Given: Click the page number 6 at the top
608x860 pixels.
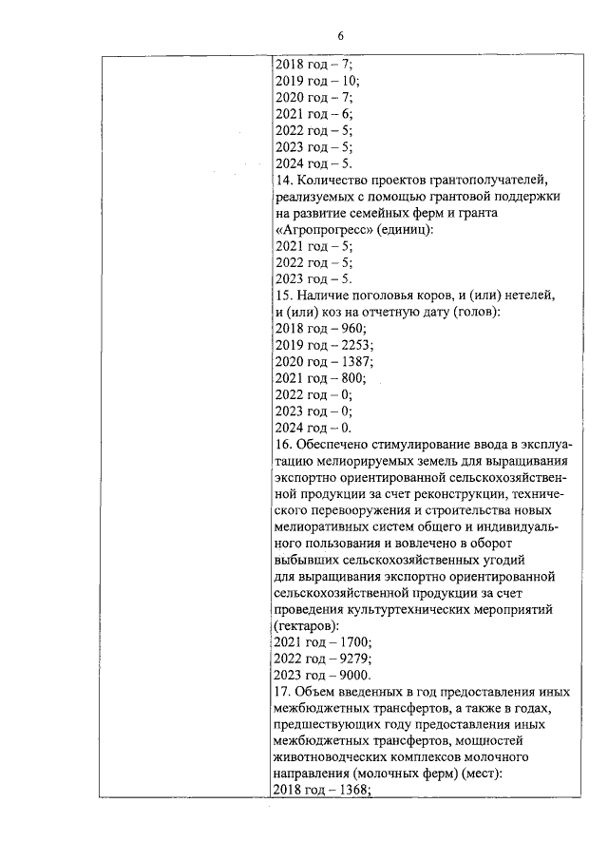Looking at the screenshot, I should tap(339, 35).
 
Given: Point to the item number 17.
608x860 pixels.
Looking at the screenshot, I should tap(282, 693).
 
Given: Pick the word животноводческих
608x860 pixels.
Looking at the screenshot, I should tap(332, 758).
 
